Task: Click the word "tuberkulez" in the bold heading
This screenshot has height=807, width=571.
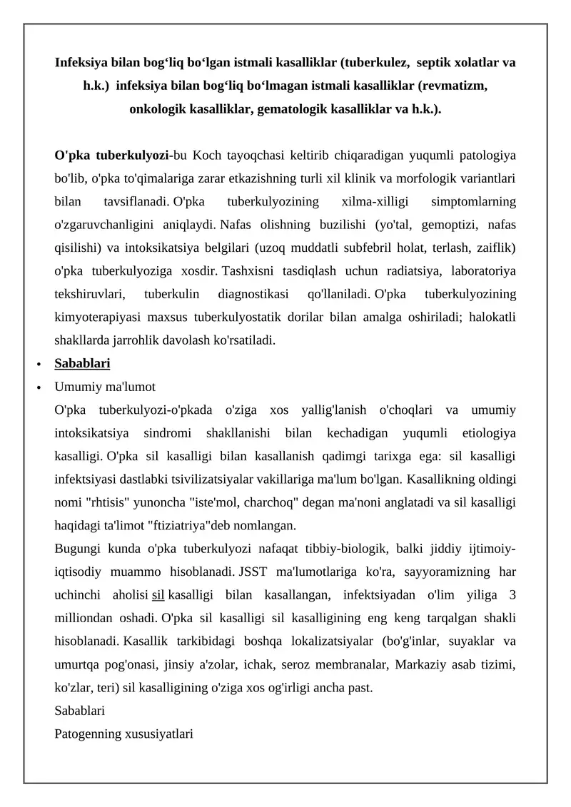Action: pos(375,63)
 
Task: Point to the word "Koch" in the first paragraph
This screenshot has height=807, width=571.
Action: pos(209,155)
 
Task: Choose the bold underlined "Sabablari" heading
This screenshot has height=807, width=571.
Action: pos(82,363)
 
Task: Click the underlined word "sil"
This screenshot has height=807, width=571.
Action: pos(158,595)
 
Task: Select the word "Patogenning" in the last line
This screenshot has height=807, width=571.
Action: pos(88,734)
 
